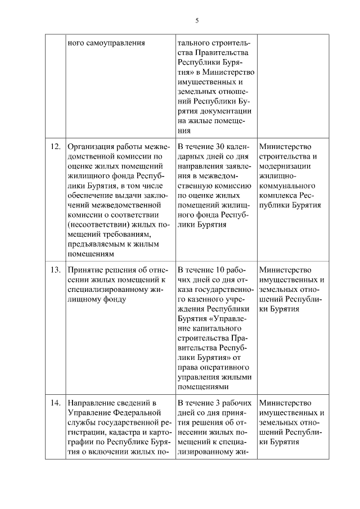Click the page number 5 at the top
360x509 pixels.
pos(197,21)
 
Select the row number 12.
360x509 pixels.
pos(55,147)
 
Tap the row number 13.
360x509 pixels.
pos(55,269)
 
